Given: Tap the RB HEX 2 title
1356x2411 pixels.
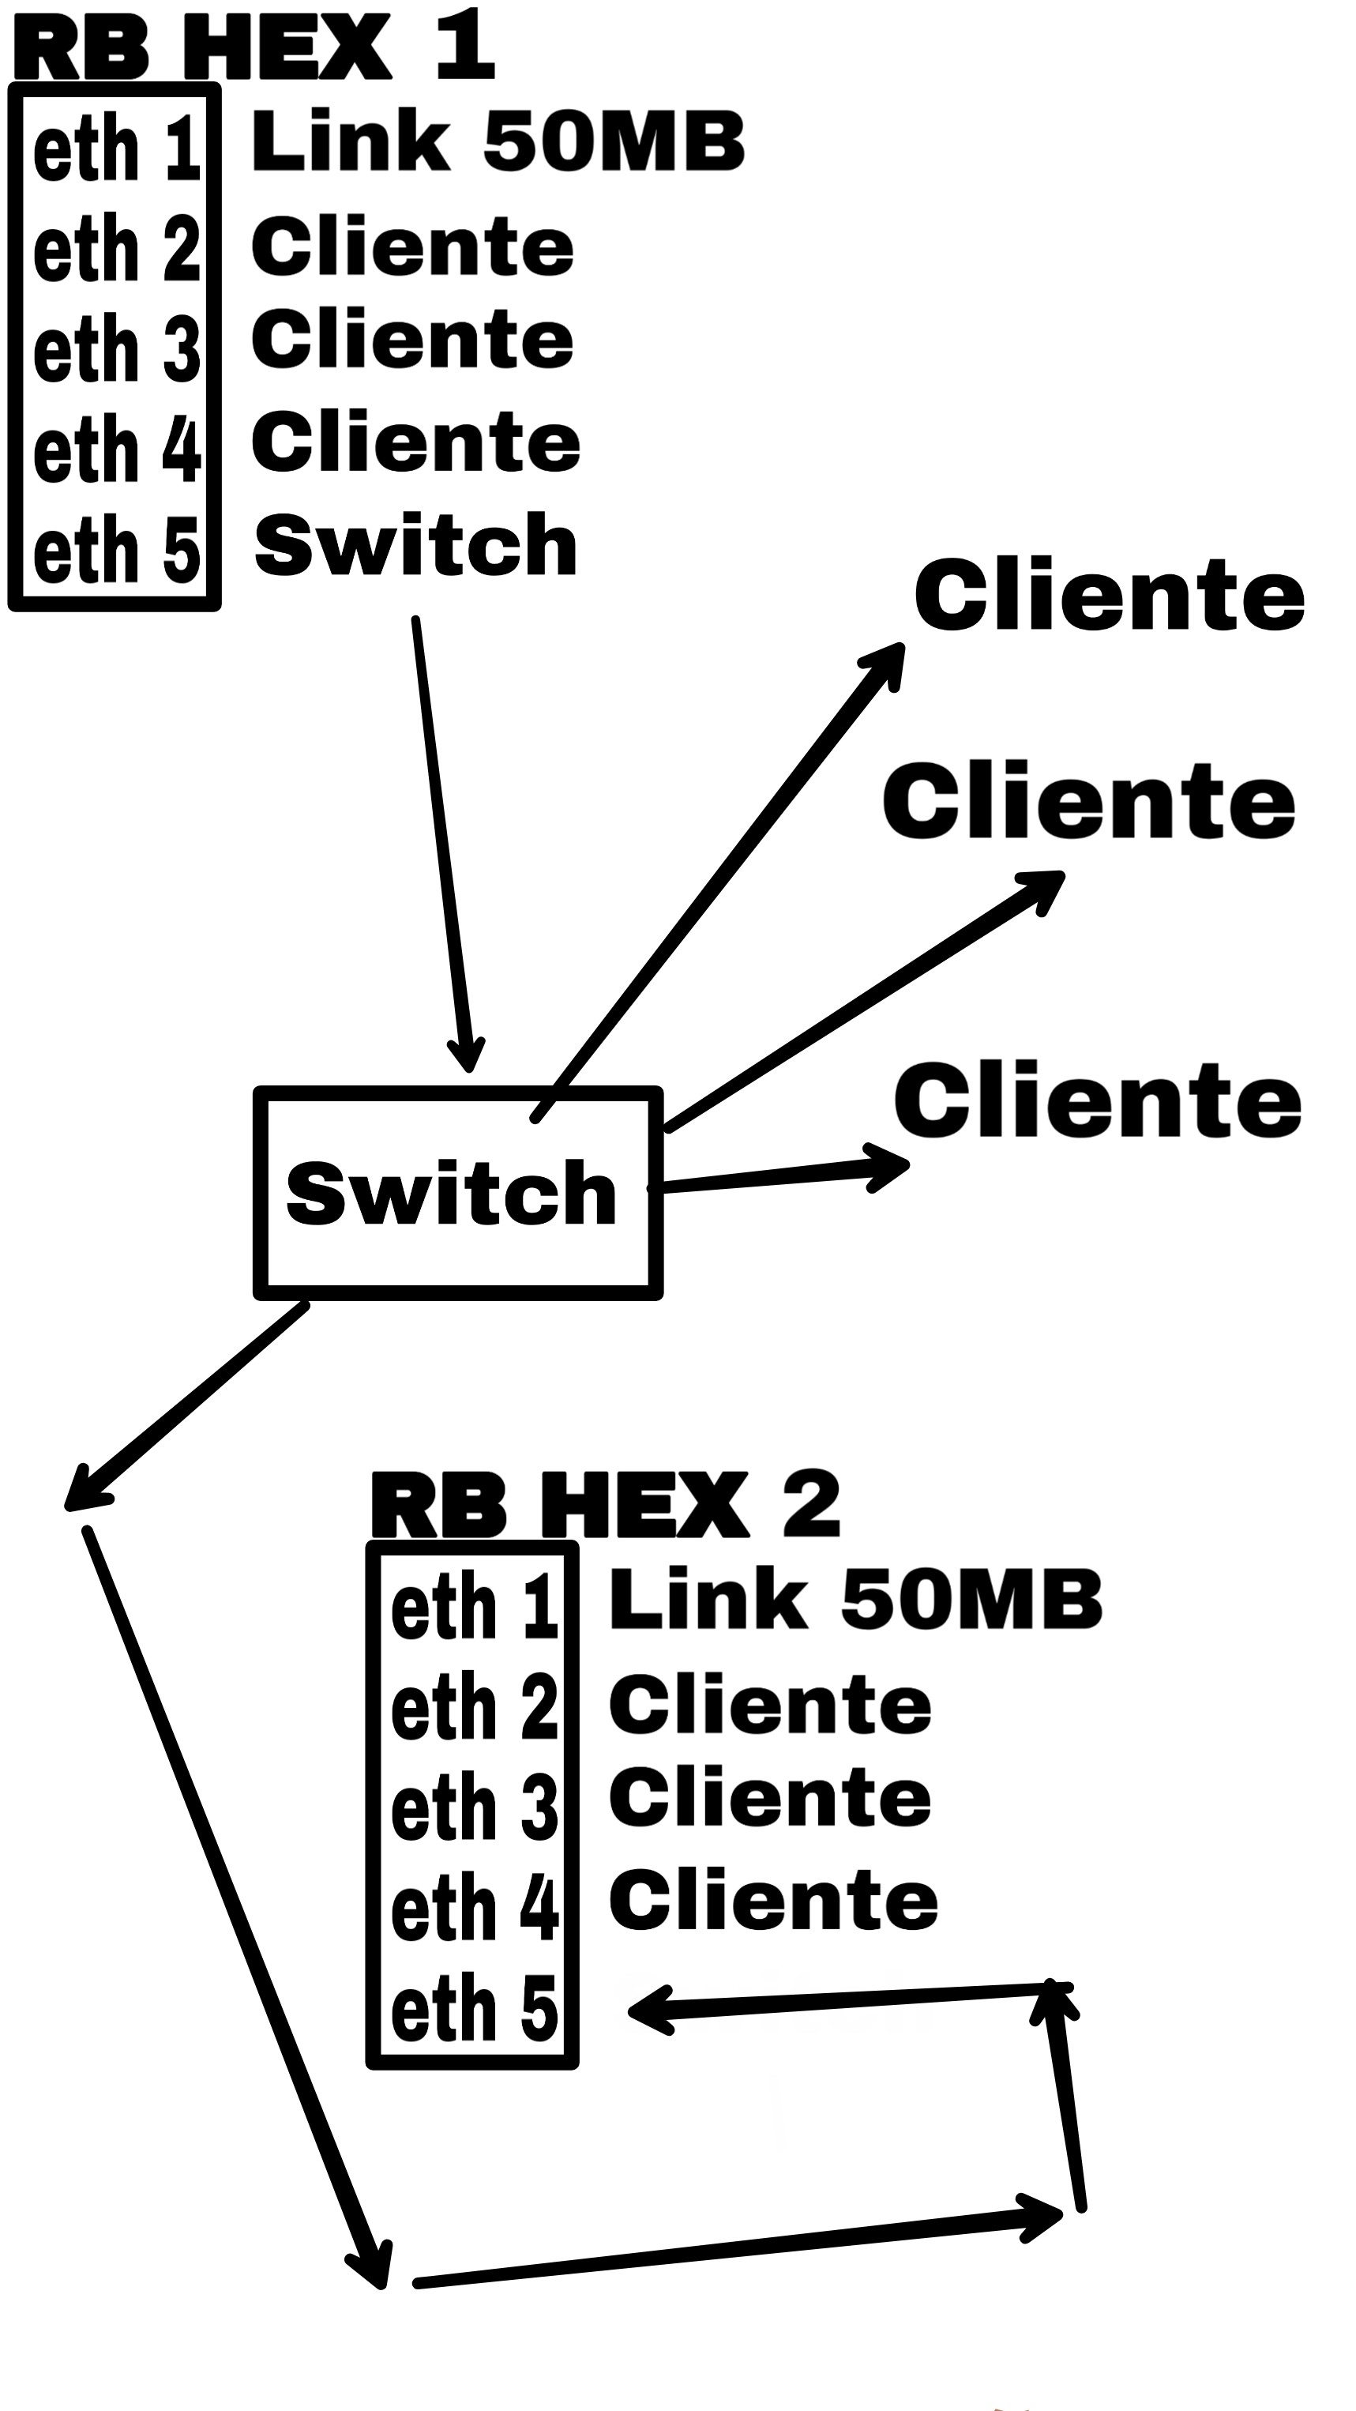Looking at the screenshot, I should (x=606, y=1505).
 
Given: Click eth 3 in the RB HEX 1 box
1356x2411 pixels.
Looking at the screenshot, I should (x=117, y=349).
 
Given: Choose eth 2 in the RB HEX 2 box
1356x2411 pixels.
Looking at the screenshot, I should (x=475, y=1708).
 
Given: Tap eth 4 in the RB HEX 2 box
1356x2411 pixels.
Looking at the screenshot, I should (x=475, y=1908).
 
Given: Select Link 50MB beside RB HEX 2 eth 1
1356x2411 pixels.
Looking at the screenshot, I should (x=855, y=1599).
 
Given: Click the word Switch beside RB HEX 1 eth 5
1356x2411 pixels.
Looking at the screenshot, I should (x=415, y=546).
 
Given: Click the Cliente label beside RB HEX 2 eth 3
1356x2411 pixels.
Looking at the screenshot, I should (x=770, y=1797).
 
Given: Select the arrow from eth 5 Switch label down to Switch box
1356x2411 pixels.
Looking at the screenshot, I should (x=441, y=842).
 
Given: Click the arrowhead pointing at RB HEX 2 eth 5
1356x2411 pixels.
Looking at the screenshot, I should (x=646, y=2010).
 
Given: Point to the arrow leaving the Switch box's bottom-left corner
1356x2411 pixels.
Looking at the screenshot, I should (x=187, y=1404).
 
